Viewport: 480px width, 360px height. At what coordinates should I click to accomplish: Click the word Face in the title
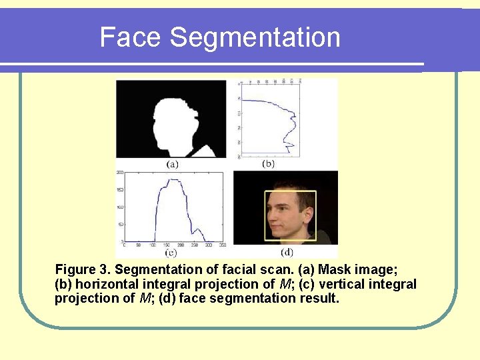click(131, 37)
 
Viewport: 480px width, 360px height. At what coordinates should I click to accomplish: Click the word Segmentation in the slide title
click(255, 38)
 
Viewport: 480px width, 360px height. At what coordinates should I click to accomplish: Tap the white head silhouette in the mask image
click(175, 123)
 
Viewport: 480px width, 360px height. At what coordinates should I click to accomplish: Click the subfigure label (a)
click(173, 164)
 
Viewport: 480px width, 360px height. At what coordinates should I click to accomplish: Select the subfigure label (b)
click(268, 164)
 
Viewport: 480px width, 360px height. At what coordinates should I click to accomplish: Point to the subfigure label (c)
click(171, 253)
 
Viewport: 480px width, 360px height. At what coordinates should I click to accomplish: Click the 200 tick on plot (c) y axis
click(120, 172)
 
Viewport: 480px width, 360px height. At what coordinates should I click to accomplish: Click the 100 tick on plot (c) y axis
click(120, 207)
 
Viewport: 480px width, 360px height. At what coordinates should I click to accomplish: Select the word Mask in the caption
click(340, 269)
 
